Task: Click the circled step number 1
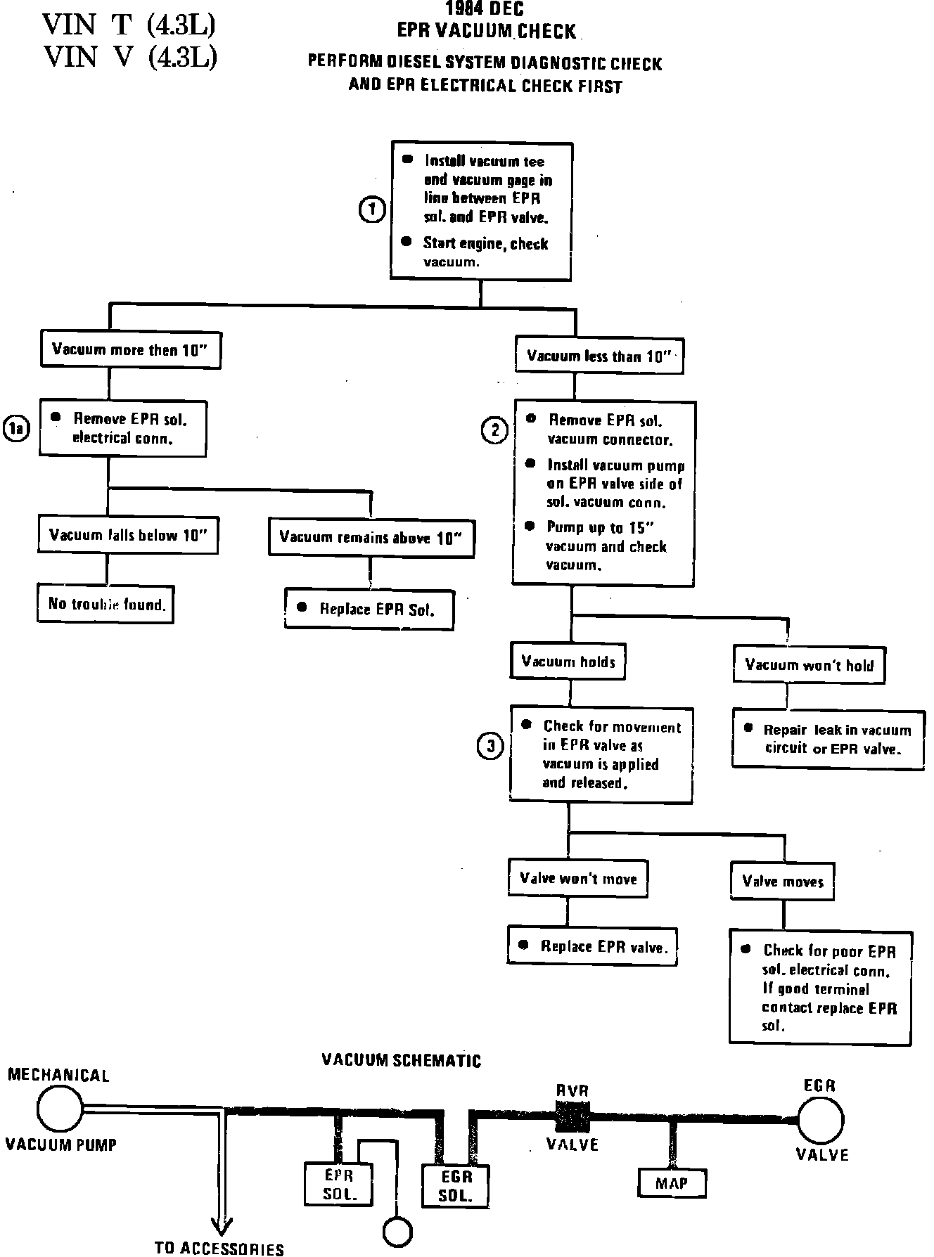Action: (372, 209)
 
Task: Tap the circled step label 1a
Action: (17, 429)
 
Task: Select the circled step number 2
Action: (494, 430)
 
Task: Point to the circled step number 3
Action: (490, 746)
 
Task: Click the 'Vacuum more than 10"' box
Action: (131, 349)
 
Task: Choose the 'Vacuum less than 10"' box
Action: (599, 356)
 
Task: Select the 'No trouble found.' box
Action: (106, 604)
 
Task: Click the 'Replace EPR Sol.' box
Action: (369, 609)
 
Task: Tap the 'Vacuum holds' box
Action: (568, 662)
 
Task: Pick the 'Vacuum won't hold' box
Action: (809, 665)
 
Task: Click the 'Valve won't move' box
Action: (577, 878)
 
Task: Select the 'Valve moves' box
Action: (782, 882)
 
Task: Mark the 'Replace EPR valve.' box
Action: (592, 946)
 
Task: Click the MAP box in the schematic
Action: (672, 1183)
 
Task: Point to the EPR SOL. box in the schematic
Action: (338, 1184)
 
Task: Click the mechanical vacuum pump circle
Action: (60, 1109)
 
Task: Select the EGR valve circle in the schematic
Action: (821, 1119)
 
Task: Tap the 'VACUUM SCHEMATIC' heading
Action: (401, 1060)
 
